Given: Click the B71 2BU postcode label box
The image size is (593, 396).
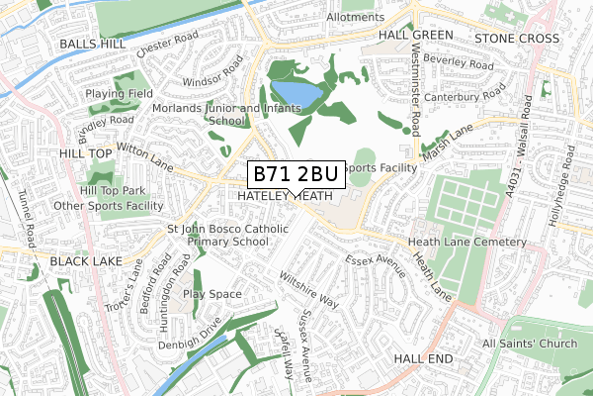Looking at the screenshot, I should point(295,174).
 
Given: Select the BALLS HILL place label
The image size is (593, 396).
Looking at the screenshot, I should point(93,45).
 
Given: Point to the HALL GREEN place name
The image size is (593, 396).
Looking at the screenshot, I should point(415,35).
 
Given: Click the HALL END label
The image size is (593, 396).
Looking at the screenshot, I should point(423,357).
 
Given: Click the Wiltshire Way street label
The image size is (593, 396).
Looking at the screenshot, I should point(307,288).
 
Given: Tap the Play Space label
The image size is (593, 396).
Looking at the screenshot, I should point(212,294).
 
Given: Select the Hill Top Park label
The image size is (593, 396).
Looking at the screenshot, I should point(113,190).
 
